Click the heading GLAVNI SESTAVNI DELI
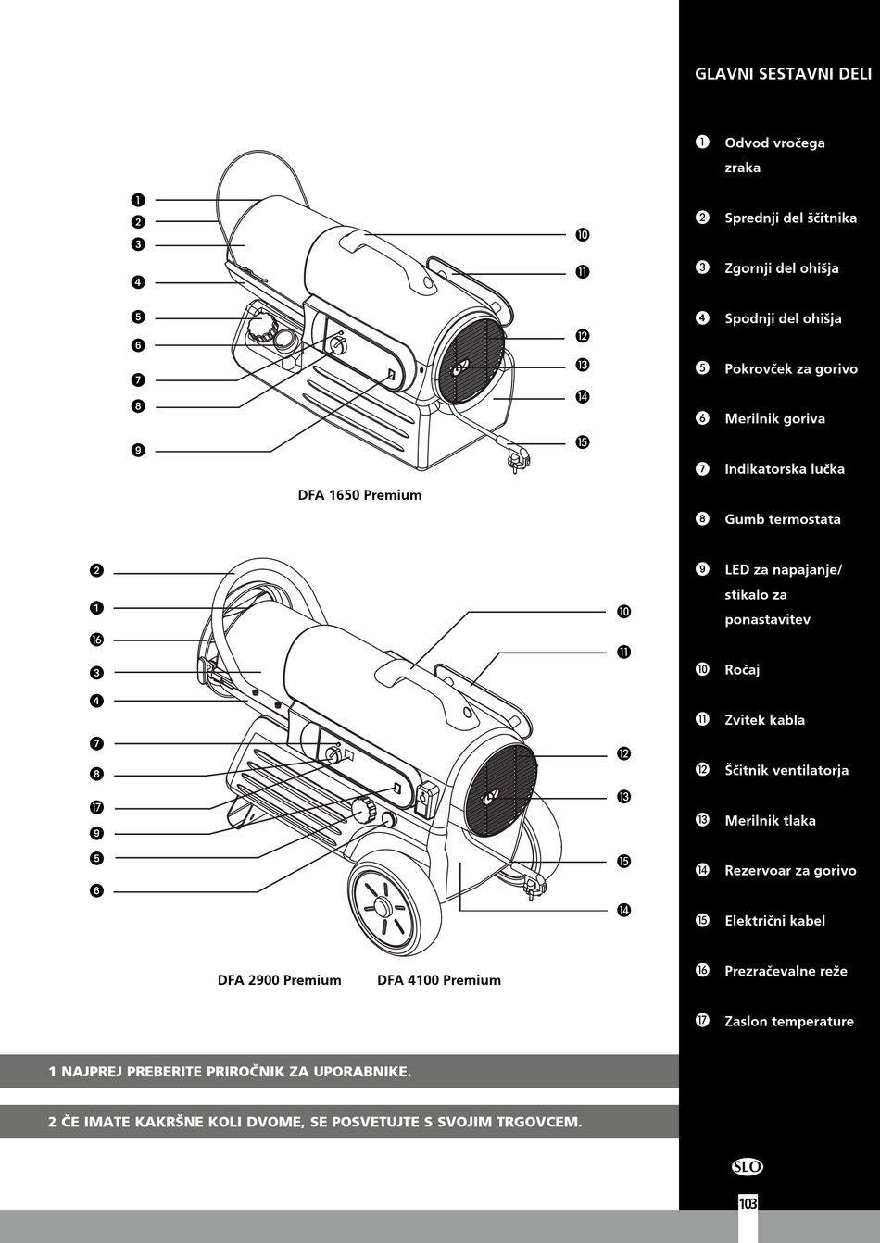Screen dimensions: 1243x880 pyautogui.click(x=783, y=74)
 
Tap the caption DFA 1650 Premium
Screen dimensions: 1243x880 pyautogui.click(x=359, y=495)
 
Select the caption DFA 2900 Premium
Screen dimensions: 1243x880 pyautogui.click(x=279, y=980)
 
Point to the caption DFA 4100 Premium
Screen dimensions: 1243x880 pyautogui.click(x=438, y=980)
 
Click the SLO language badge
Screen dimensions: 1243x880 pyautogui.click(x=748, y=1167)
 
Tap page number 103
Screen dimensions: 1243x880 pyautogui.click(x=748, y=1203)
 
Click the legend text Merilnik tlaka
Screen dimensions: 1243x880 pyautogui.click(x=770, y=820)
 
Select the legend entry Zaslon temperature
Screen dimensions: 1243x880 pyautogui.click(x=788, y=1021)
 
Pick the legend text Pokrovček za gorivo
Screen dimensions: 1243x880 pyautogui.click(x=790, y=368)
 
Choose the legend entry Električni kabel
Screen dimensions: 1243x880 pyautogui.click(x=774, y=920)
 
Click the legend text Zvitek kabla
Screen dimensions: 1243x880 pyautogui.click(x=764, y=720)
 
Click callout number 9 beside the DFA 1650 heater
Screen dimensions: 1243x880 pyautogui.click(x=137, y=451)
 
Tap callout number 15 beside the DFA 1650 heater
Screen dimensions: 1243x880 pyautogui.click(x=582, y=442)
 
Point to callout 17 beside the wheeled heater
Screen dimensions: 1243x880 pyautogui.click(x=96, y=808)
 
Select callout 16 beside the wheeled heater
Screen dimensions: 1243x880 pyautogui.click(x=96, y=640)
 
